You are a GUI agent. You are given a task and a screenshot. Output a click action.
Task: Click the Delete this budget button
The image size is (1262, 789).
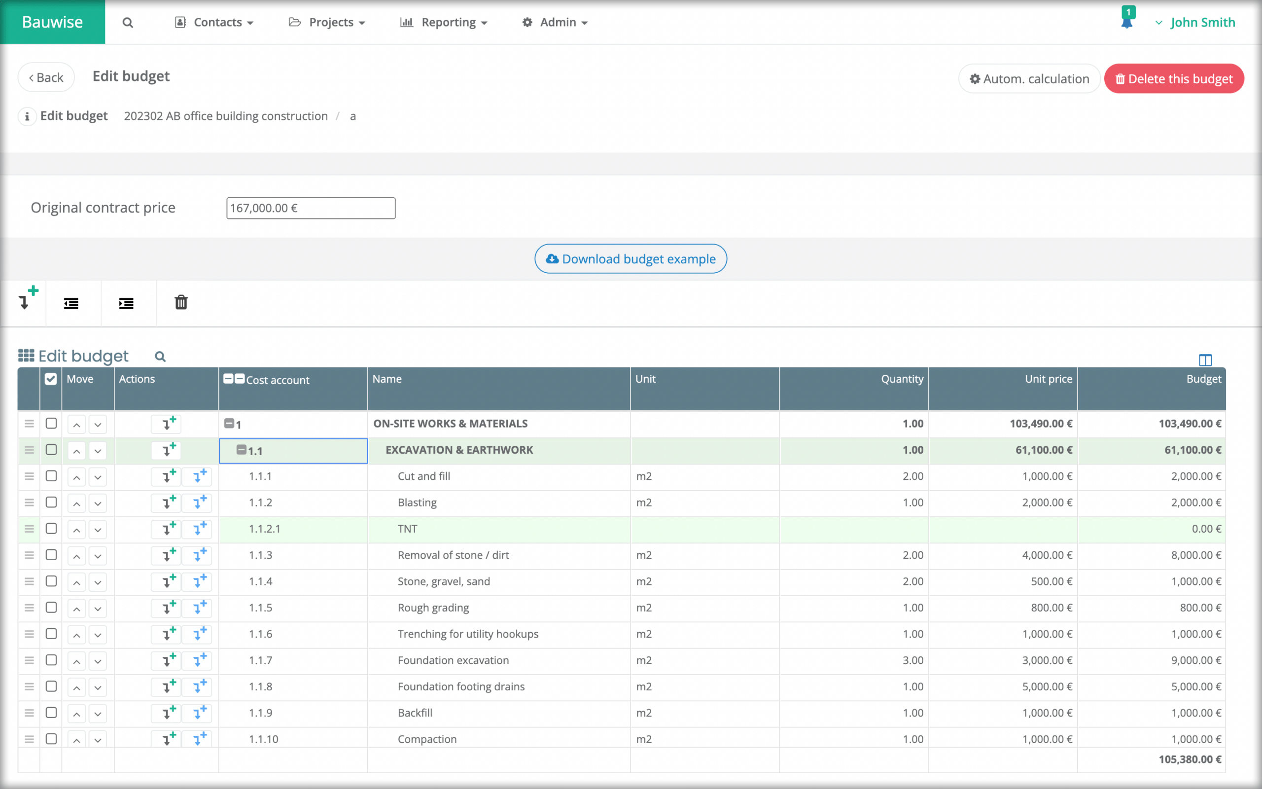coord(1173,79)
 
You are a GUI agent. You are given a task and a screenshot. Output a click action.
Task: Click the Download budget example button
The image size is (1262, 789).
coord(631,259)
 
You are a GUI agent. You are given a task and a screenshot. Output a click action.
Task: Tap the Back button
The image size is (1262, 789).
coord(46,78)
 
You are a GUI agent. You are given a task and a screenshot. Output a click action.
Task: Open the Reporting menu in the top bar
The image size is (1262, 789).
coord(443,23)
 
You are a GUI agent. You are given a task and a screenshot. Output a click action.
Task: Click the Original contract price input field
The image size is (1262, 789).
coord(310,208)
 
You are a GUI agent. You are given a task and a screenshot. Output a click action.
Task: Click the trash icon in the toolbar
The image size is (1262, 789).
coord(181,303)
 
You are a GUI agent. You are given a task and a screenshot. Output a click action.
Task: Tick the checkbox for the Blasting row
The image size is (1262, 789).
coord(51,502)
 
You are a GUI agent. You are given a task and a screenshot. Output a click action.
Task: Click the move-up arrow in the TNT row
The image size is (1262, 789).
coord(77,530)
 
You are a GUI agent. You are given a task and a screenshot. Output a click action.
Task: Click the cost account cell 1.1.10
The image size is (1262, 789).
coord(264,739)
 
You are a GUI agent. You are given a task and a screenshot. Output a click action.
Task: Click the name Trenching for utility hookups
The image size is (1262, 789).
coord(468,634)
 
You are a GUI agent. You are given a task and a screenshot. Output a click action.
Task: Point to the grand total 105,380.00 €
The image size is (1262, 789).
coord(1190,759)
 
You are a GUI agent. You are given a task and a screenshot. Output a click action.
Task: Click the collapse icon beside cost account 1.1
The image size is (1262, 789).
coord(241,450)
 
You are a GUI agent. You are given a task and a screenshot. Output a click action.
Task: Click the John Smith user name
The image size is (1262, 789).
coord(1202,23)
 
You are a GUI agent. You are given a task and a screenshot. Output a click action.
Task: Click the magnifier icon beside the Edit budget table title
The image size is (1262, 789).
coord(160,357)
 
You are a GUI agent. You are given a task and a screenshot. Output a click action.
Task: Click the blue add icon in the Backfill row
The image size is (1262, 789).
coord(199,713)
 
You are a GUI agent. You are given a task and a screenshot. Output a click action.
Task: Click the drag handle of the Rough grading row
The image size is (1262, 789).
coord(29,608)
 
